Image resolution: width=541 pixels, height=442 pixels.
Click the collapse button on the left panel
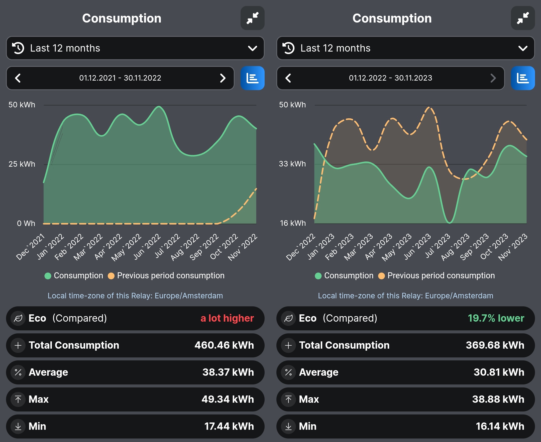click(x=252, y=18)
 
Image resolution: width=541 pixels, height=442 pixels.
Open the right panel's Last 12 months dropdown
click(x=405, y=48)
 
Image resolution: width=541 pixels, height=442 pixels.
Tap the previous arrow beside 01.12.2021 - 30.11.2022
click(x=18, y=78)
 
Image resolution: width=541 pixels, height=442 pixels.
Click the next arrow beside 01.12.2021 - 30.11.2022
click(x=222, y=78)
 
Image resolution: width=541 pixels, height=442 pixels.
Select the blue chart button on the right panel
click(x=522, y=78)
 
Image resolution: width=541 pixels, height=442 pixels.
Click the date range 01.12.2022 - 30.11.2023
click(x=390, y=78)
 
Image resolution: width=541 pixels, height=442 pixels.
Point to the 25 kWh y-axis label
click(x=22, y=164)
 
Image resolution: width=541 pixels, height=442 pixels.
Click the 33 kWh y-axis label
click(x=292, y=164)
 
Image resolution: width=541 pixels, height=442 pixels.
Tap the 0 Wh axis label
click(x=26, y=223)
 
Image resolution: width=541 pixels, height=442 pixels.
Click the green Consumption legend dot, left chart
click(x=48, y=276)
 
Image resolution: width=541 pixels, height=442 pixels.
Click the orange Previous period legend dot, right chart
click(x=381, y=276)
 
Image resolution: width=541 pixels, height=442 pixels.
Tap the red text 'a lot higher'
click(x=227, y=318)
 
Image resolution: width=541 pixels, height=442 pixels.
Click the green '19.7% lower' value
click(x=496, y=318)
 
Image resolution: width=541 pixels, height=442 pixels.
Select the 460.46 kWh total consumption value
click(x=224, y=345)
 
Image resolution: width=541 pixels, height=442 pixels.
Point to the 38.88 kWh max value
click(x=498, y=399)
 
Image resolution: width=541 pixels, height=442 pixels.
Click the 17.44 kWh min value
click(x=229, y=426)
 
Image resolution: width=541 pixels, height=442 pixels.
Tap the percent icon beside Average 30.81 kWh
click(x=288, y=372)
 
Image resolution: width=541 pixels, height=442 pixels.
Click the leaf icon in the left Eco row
click(x=18, y=318)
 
